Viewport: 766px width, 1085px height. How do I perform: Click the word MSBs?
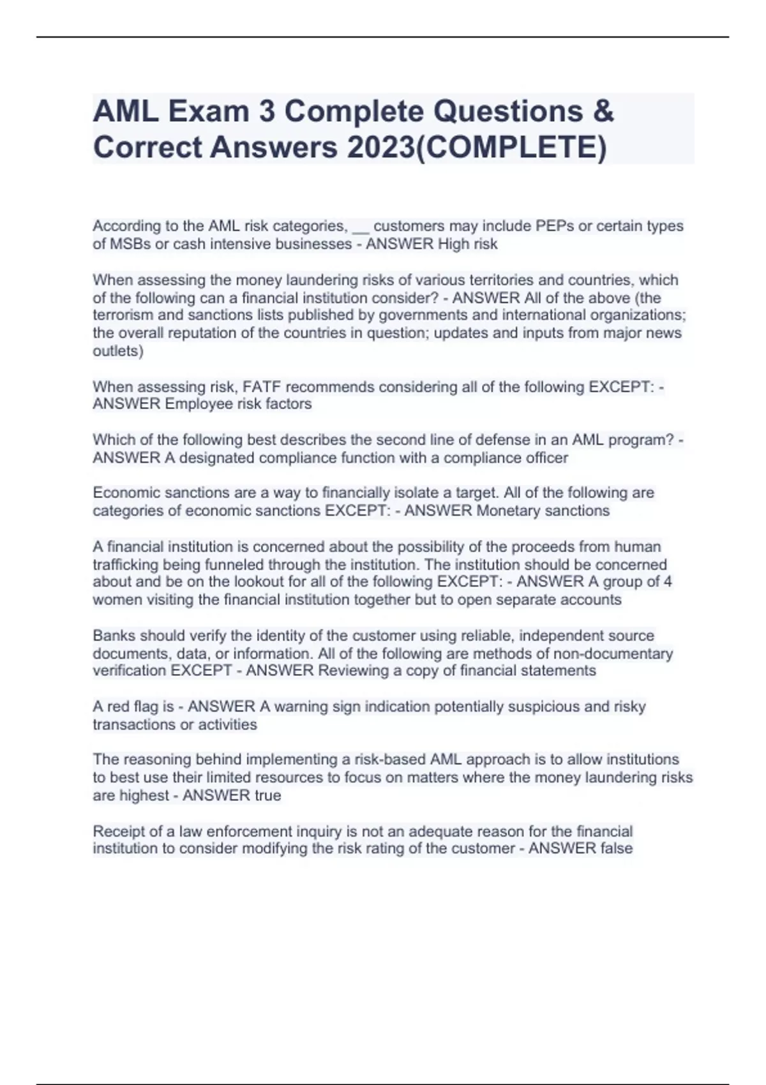pos(130,244)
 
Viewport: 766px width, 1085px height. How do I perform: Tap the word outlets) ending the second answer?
pos(118,351)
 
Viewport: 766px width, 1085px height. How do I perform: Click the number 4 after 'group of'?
pos(668,581)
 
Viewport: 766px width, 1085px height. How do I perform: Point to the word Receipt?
pos(118,831)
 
